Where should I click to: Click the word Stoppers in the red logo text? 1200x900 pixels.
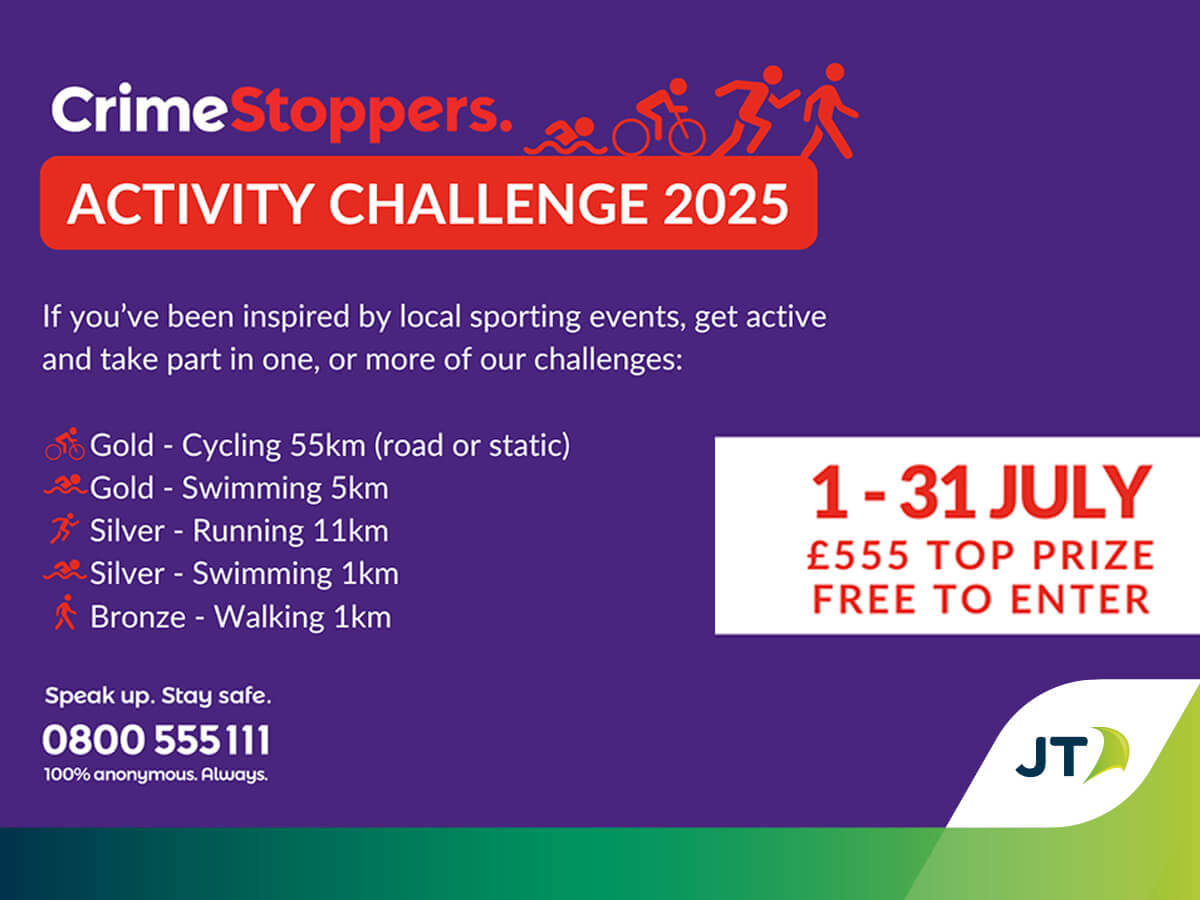pyautogui.click(x=370, y=115)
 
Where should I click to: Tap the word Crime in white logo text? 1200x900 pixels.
pyautogui.click(x=139, y=108)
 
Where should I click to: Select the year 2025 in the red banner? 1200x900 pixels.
pyautogui.click(x=726, y=204)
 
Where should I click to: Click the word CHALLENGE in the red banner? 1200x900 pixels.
pyautogui.click(x=488, y=204)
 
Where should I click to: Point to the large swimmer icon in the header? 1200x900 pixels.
pyautogui.click(x=566, y=137)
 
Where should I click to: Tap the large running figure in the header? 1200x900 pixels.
pyautogui.click(x=756, y=110)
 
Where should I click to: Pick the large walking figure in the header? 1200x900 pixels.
pyautogui.click(x=829, y=110)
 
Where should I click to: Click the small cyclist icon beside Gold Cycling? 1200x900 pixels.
pyautogui.click(x=65, y=444)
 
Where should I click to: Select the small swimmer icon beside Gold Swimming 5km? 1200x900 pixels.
pyautogui.click(x=66, y=485)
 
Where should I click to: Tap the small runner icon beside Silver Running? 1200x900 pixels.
pyautogui.click(x=64, y=528)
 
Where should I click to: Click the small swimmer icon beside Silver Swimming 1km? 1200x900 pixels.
pyautogui.click(x=65, y=570)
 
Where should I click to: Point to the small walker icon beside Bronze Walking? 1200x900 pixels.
pyautogui.click(x=66, y=613)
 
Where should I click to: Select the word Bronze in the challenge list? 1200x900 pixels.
pyautogui.click(x=138, y=617)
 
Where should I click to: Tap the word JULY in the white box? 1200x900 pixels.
pyautogui.click(x=1072, y=492)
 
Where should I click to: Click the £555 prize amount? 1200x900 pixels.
pyautogui.click(x=858, y=555)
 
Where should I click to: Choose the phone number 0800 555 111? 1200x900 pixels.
pyautogui.click(x=156, y=740)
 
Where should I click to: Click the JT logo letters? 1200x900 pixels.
pyautogui.click(x=1052, y=757)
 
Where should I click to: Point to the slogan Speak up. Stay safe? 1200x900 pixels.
pyautogui.click(x=158, y=696)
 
